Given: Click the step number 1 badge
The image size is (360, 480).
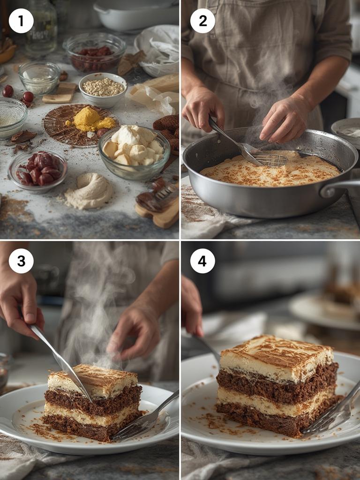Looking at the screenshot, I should (21, 21).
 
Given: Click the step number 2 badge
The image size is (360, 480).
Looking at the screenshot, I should (202, 21).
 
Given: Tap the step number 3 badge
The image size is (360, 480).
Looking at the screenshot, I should (21, 261).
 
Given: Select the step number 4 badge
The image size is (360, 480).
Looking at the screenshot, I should (202, 261).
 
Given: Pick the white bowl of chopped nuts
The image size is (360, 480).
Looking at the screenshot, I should (103, 88).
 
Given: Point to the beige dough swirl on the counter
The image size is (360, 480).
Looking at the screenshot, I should (89, 191).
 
